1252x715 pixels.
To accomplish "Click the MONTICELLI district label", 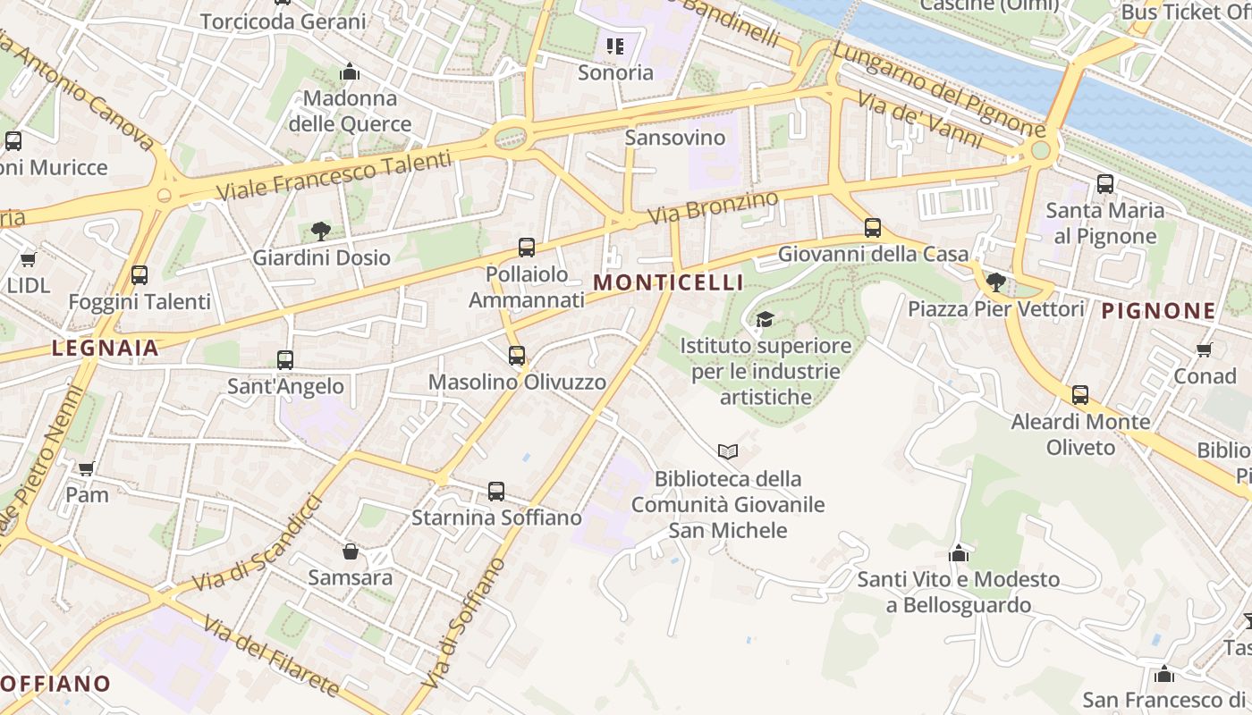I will tap(668, 282).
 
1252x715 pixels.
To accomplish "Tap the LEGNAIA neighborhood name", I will tap(105, 348).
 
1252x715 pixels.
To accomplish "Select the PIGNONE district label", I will tap(1158, 311).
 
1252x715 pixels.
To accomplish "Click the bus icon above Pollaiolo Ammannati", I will tap(527, 248).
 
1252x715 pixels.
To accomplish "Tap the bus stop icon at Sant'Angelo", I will tap(285, 360).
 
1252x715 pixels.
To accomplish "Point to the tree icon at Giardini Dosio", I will tap(321, 231).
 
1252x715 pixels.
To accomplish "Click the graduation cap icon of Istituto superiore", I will tap(765, 319).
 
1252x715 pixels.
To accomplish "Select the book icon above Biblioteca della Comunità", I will tap(728, 452).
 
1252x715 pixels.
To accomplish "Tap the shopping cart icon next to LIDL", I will tap(28, 259).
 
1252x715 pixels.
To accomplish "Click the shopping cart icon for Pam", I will tap(87, 468).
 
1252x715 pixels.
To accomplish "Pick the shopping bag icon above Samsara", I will tap(351, 551).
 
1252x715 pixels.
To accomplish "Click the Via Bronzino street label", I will tap(713, 207).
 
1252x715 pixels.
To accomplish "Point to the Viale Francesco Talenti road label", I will tap(334, 177).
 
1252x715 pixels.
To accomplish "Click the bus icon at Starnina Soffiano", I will tap(496, 491).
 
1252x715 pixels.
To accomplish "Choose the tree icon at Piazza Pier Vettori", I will tap(995, 282).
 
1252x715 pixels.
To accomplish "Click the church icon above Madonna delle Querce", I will tap(350, 71).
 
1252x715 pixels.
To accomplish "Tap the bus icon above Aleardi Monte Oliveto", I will tap(1080, 394).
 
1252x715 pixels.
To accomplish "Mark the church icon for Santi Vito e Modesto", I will tap(959, 553).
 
